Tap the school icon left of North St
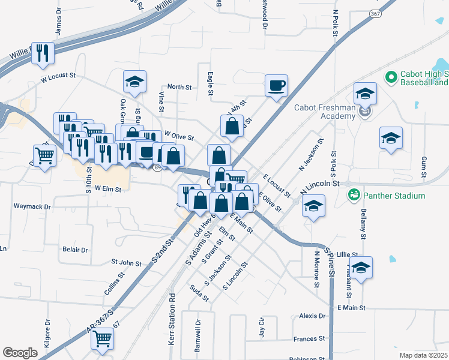[x=135, y=82]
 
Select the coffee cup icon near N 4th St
[x=276, y=85]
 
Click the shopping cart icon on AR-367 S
[x=103, y=339]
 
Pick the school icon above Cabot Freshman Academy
[x=365, y=93]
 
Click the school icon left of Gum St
[x=391, y=139]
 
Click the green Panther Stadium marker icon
[x=354, y=195]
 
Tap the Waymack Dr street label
[x=32, y=206]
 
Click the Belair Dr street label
[x=75, y=250]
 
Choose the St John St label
[x=126, y=262]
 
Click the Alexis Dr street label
[x=312, y=316]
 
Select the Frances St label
[x=309, y=339]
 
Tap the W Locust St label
[x=58, y=77]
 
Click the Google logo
[x=20, y=353]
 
